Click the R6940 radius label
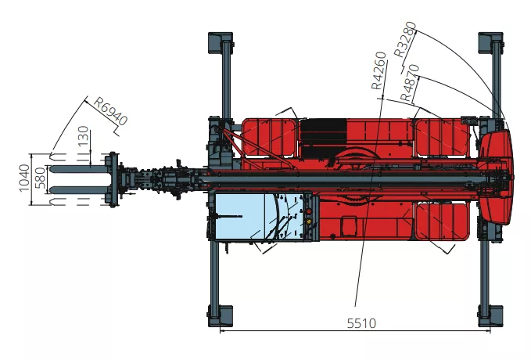point(111,111)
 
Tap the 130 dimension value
point(84,136)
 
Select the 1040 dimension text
point(24,178)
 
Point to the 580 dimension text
point(40,178)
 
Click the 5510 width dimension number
point(361,323)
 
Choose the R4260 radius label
point(379,70)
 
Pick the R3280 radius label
point(405,39)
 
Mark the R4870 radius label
point(410,83)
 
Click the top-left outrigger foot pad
point(220,42)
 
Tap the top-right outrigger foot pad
point(490,42)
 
